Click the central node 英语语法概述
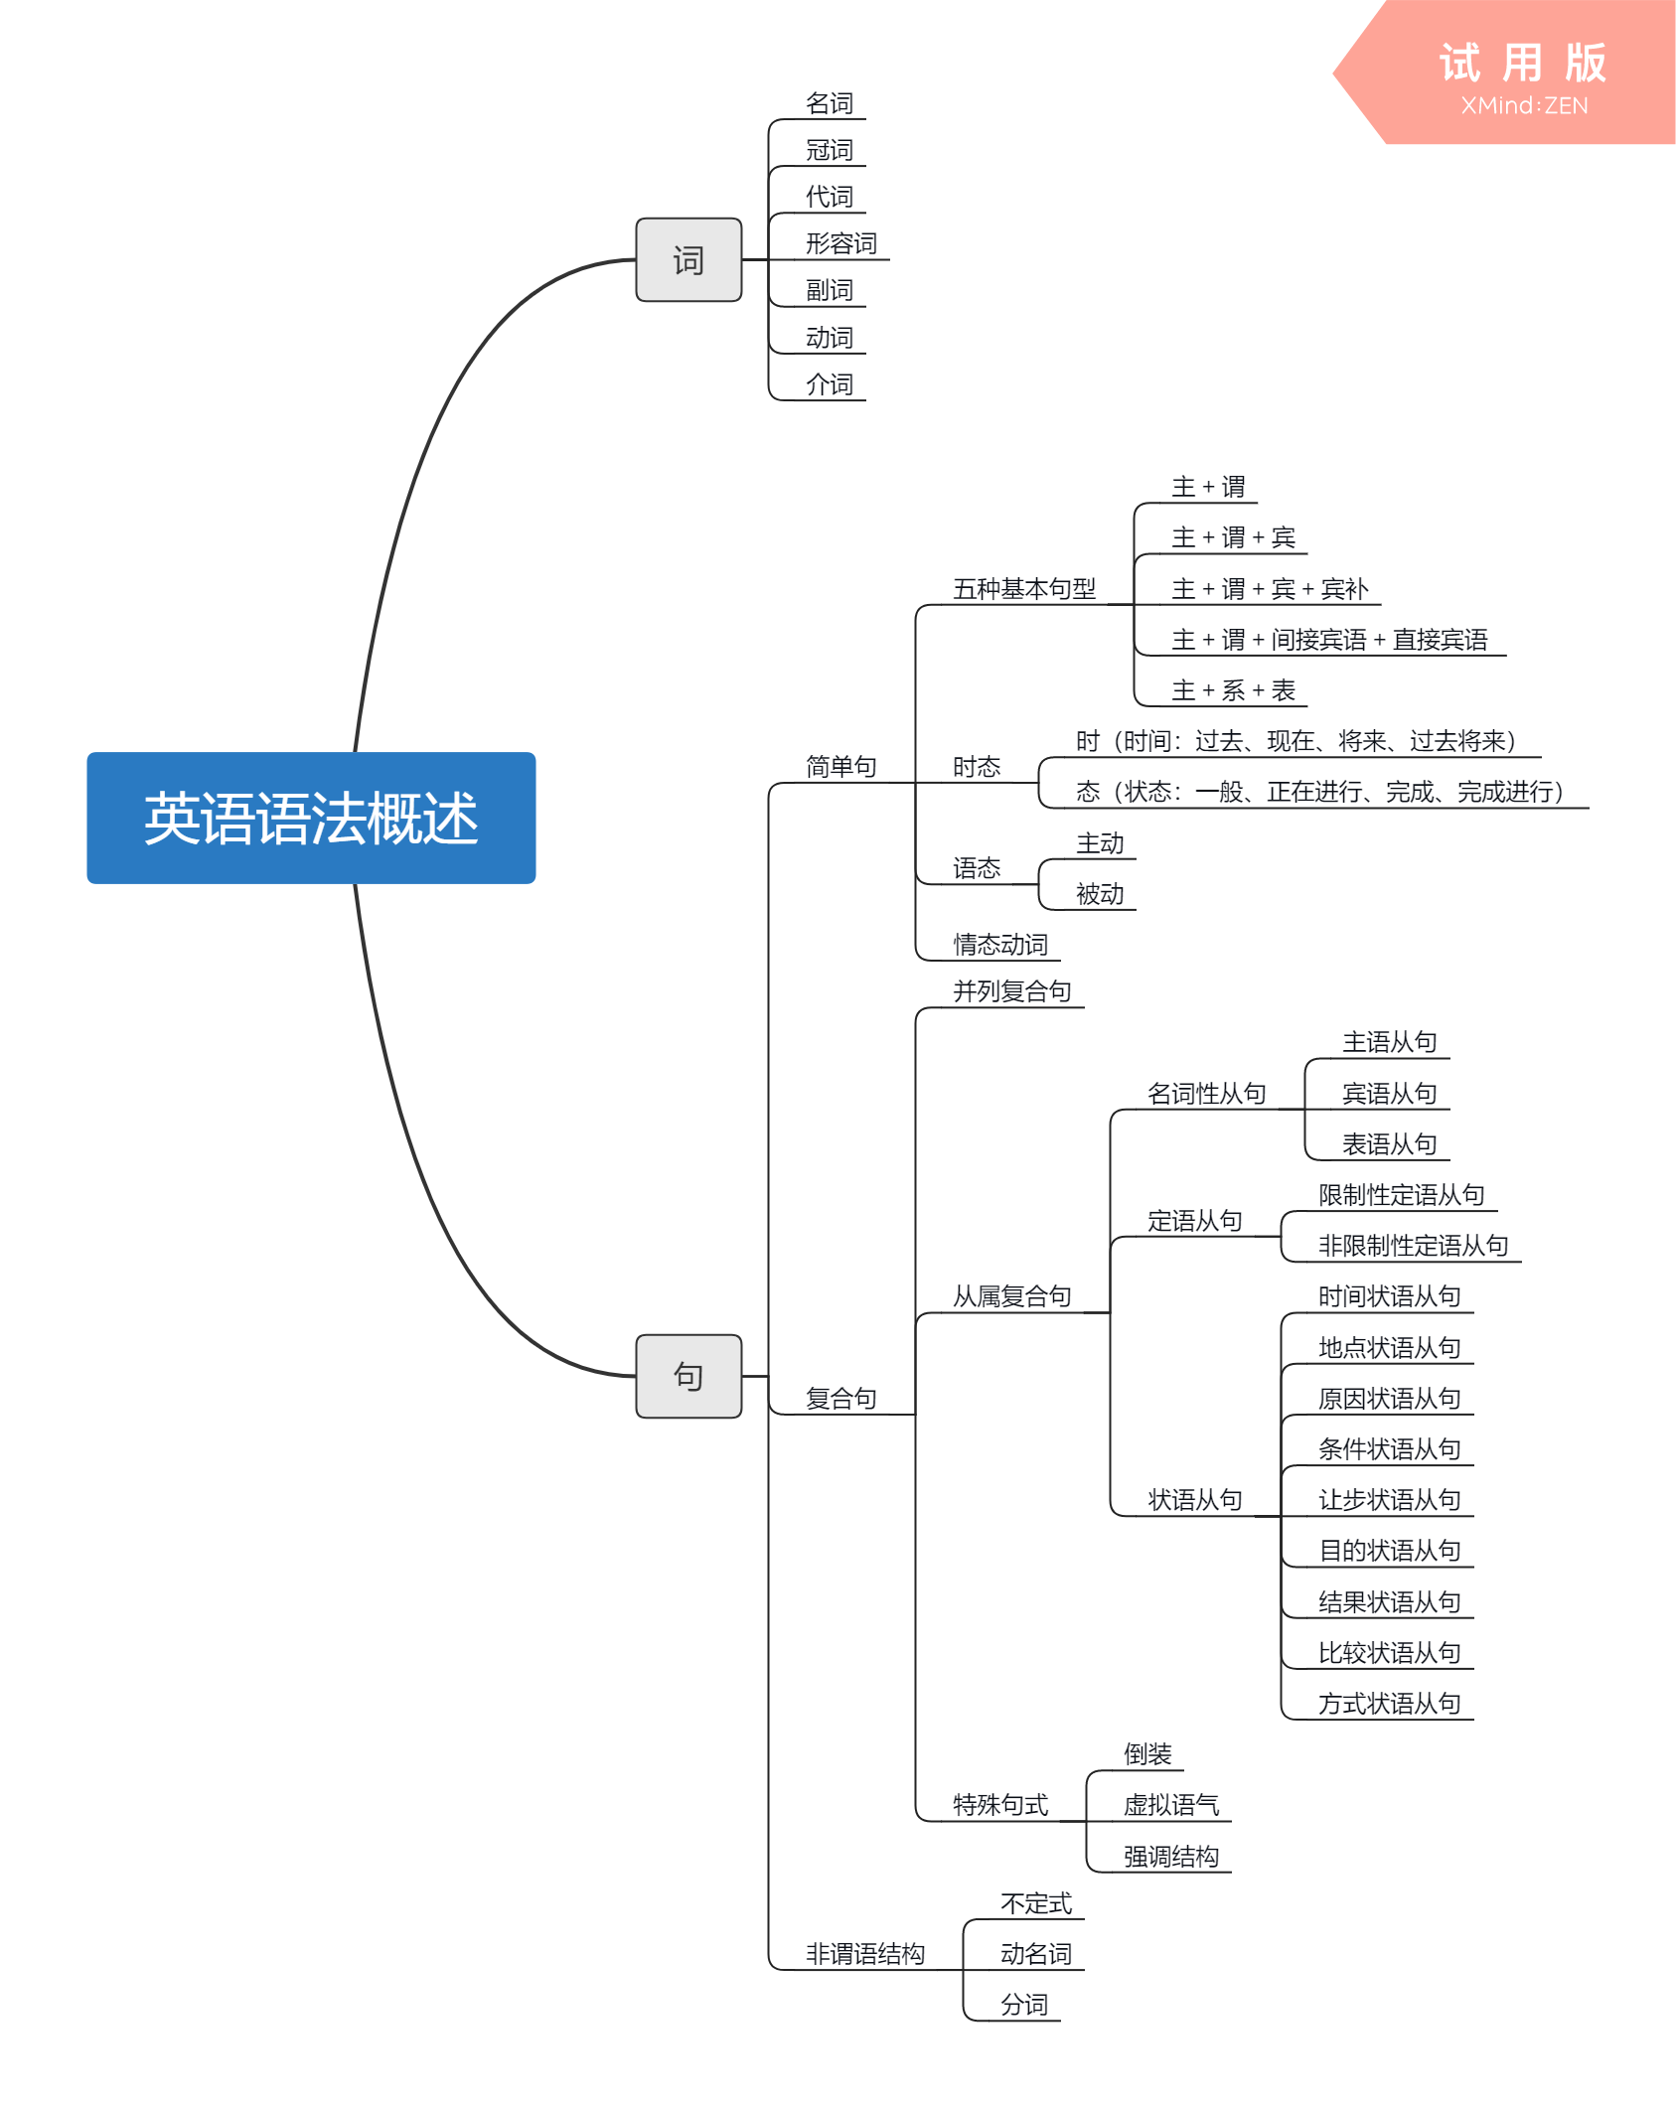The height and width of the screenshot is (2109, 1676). click(311, 818)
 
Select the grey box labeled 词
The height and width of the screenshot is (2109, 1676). click(688, 260)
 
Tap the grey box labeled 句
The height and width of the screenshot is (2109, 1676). click(688, 1376)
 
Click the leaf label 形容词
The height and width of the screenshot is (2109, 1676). click(840, 243)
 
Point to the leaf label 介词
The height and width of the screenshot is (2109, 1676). click(829, 384)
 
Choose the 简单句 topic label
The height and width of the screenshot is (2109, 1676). click(840, 767)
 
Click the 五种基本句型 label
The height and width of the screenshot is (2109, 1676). click(1023, 589)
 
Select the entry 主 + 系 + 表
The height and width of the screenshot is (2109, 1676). click(1233, 690)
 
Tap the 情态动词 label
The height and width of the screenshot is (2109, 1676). click(999, 945)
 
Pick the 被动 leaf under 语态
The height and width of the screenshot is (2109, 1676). click(1100, 894)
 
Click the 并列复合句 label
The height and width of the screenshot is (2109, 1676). click(1011, 991)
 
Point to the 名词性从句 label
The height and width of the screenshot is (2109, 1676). click(1206, 1094)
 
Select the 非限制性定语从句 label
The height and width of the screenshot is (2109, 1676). click(1413, 1246)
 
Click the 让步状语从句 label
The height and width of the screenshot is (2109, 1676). click(1389, 1500)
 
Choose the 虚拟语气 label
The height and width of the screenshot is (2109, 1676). click(1170, 1805)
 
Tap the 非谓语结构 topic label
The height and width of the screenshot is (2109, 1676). click(864, 1954)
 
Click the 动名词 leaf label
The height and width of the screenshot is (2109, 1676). click(1035, 1954)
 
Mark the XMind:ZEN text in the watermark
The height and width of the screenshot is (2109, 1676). click(1524, 105)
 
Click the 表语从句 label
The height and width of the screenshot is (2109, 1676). click(1389, 1144)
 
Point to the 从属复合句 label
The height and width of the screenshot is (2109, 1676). click(1011, 1296)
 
